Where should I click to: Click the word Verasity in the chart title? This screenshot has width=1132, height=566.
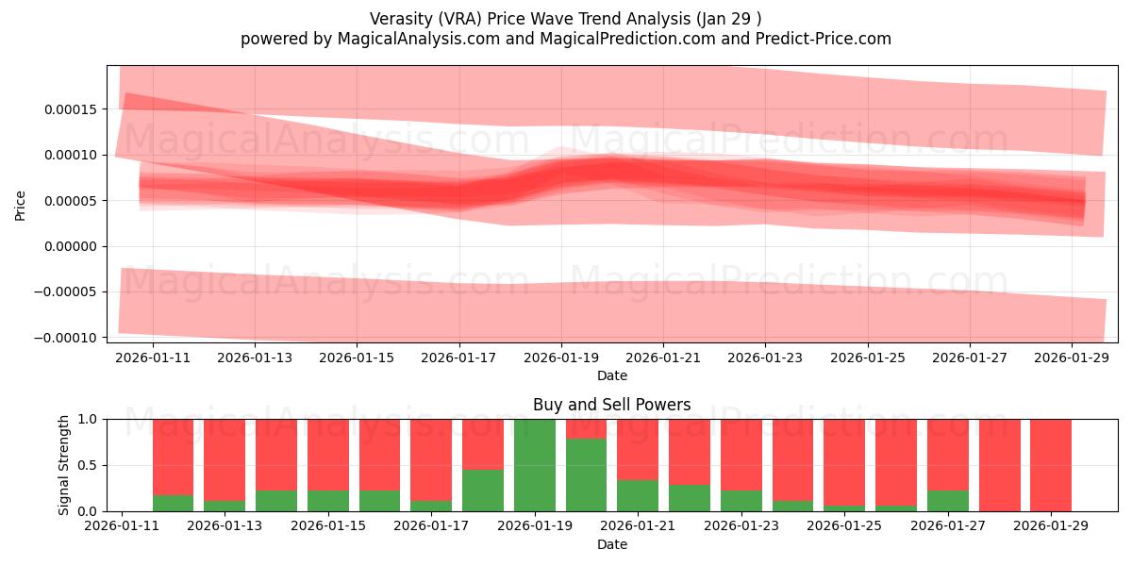coord(400,19)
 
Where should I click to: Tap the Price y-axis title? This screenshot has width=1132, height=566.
coord(21,205)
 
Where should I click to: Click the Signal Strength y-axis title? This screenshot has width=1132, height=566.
coord(64,465)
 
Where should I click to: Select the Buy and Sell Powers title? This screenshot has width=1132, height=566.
coord(611,405)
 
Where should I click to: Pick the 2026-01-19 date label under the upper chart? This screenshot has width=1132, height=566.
coord(560,358)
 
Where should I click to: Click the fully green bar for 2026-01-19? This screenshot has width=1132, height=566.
coord(534,465)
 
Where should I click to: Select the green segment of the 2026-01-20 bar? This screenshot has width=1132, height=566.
coord(586,475)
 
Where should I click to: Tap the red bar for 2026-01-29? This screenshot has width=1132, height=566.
coord(1050,465)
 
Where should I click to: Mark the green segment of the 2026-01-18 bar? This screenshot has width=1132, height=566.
coord(482,491)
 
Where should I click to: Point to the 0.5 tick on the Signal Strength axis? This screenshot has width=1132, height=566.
coord(89,465)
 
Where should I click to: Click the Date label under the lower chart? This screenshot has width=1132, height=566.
coord(611,544)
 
